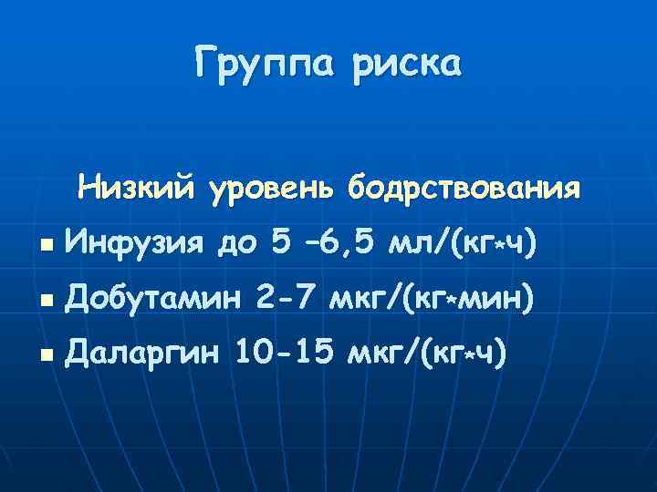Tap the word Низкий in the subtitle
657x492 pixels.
point(136,189)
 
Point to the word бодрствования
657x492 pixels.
point(463,189)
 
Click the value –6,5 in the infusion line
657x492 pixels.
point(339,244)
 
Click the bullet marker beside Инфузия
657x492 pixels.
point(44,247)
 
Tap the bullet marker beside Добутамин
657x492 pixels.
point(44,301)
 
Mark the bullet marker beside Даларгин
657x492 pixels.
point(44,354)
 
